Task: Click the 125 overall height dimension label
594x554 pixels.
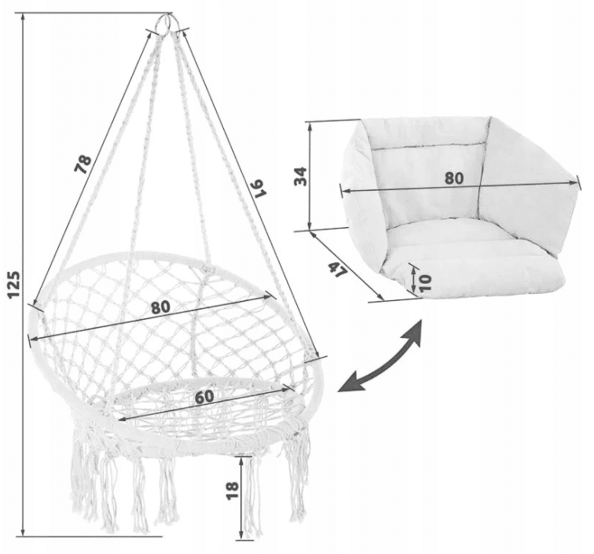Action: [x=14, y=284]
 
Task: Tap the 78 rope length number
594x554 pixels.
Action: [x=83, y=164]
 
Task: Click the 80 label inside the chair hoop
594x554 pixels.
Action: [x=160, y=306]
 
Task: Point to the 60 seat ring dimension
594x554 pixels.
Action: [x=204, y=396]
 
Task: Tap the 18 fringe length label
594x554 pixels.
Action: [x=233, y=490]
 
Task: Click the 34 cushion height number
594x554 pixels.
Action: [x=301, y=176]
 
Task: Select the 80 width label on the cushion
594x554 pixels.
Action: [x=454, y=178]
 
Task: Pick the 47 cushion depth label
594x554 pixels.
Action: [x=337, y=270]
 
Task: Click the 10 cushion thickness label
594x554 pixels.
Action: [x=425, y=282]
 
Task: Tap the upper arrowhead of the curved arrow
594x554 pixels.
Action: [x=414, y=332]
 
